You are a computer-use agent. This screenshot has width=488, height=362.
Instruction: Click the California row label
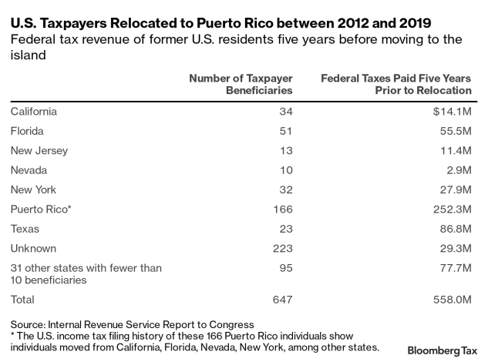[34, 111]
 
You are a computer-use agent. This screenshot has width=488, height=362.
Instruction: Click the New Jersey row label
[39, 150]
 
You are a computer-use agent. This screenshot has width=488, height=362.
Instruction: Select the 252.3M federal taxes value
[449, 209]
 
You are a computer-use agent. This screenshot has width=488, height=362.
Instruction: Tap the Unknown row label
[33, 249]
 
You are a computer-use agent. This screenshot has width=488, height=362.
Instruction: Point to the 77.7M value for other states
[453, 268]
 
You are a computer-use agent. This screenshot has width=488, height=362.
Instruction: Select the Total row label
[24, 299]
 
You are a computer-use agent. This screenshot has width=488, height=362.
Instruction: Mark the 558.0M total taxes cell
[449, 299]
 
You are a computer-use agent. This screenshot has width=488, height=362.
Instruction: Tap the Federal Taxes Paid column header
[395, 85]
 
